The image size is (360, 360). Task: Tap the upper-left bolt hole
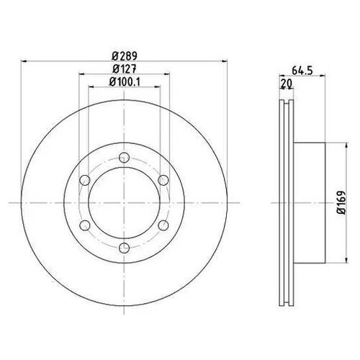click(x=85, y=180)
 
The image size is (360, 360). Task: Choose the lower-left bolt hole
click(x=85, y=225)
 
